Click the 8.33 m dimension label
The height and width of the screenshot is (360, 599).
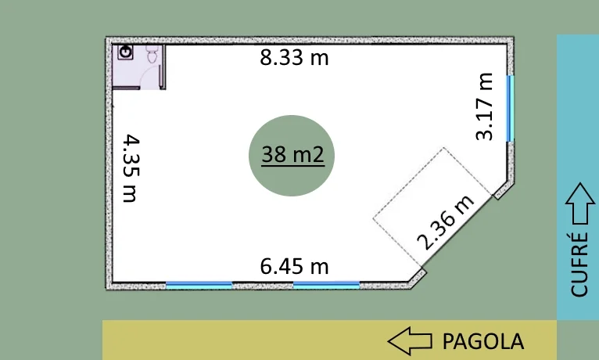click(294, 58)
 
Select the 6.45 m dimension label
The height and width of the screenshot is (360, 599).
click(294, 266)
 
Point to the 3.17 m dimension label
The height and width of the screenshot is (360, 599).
click(484, 106)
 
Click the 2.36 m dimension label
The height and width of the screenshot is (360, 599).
click(446, 223)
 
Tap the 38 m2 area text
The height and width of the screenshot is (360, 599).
click(293, 154)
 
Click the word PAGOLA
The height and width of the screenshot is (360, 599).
click(482, 341)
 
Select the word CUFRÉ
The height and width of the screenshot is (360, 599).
click(579, 264)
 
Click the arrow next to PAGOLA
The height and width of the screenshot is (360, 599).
click(410, 340)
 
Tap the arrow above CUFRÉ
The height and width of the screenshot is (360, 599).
click(580, 203)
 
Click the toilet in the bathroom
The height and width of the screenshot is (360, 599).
click(152, 54)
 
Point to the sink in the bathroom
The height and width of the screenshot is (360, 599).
click(125, 52)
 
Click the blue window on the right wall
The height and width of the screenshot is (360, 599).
click(511, 109)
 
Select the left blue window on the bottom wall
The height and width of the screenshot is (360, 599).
click(199, 285)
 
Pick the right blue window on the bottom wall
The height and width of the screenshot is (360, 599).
click(326, 285)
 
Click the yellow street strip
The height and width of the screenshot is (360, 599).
click(329, 340)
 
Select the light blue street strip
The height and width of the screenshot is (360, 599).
click(578, 177)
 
